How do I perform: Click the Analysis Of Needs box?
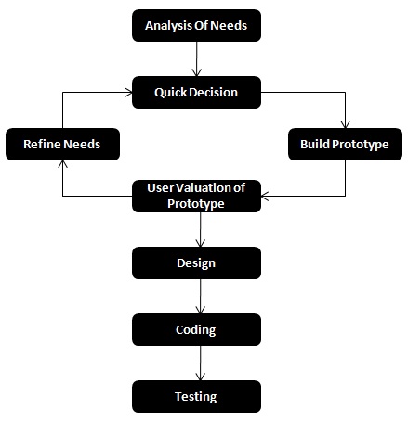coord(196,25)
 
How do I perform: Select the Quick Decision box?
coord(196,92)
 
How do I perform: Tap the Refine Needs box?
coord(61,144)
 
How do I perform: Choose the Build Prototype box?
coord(344,144)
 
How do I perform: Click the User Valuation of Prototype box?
coord(196,196)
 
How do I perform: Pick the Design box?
coord(196,262)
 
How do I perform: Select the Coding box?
coord(196,329)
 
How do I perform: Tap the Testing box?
coord(196,396)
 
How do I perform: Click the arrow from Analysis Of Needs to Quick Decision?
coord(196,58)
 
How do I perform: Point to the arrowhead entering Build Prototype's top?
coord(345,123)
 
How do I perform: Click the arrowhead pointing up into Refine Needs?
coord(62,164)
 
